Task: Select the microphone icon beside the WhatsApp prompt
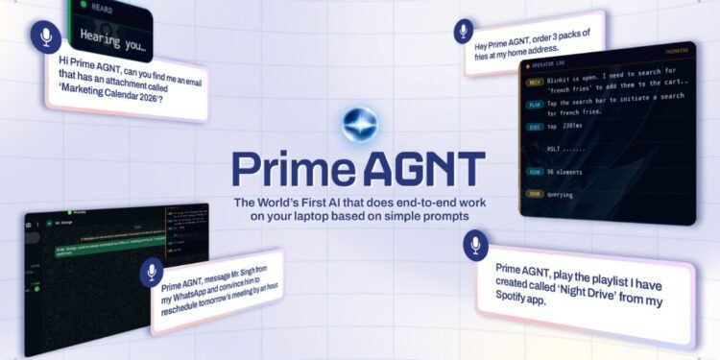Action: point(152,273)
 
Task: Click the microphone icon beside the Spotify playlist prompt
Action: point(475,247)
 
